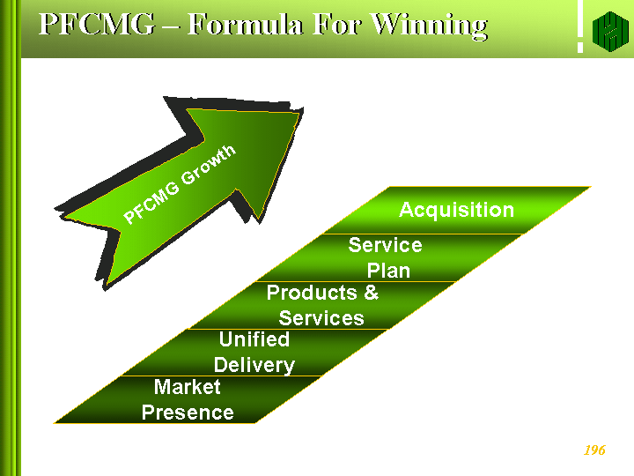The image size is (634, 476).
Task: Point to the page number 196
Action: coord(594,450)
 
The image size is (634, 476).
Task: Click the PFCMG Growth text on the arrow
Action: coord(180,185)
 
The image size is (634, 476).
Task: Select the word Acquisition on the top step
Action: coord(456,210)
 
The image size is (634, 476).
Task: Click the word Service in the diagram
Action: coord(385,245)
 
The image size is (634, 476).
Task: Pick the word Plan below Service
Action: coord(388,271)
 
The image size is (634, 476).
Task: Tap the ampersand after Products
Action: coord(371,293)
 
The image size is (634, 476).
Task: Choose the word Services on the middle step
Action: coord(321,318)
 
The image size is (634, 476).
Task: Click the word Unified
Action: coord(254,339)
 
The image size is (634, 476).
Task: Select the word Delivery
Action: coord(254,365)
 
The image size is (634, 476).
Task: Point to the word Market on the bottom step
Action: coord(187,387)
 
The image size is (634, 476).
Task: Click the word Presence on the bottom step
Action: coord(188,413)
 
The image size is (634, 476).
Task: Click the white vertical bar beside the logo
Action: coord(579,29)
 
